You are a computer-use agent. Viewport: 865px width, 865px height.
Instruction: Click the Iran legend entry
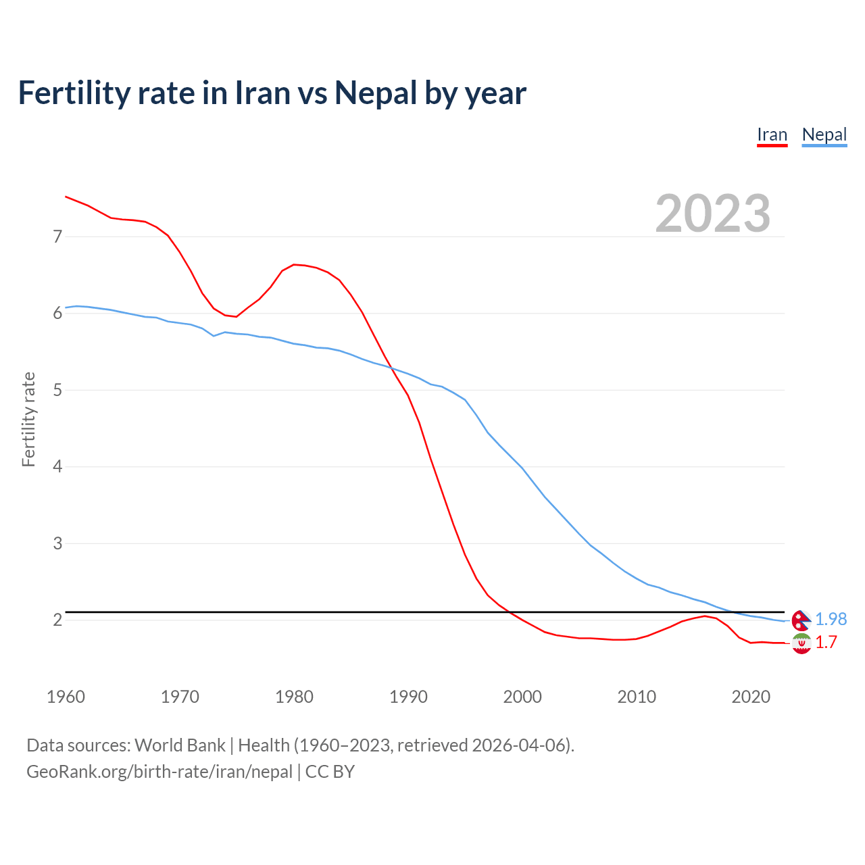pyautogui.click(x=772, y=134)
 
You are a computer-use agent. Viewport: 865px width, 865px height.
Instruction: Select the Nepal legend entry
pyautogui.click(x=824, y=134)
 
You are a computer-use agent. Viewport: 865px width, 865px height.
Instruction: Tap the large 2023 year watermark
pyautogui.click(x=712, y=214)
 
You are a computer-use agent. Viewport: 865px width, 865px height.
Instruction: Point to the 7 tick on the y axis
pyautogui.click(x=57, y=237)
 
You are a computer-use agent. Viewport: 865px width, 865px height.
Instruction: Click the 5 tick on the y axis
pyautogui.click(x=57, y=390)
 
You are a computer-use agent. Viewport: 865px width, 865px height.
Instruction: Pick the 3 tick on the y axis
pyautogui.click(x=57, y=543)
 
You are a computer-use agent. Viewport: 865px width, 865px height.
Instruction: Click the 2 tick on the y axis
pyautogui.click(x=57, y=620)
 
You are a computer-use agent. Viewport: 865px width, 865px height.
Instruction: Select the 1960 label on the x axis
pyautogui.click(x=66, y=697)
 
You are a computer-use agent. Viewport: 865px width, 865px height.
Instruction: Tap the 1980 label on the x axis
pyautogui.click(x=294, y=697)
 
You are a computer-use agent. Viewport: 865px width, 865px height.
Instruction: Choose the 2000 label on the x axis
pyautogui.click(x=522, y=697)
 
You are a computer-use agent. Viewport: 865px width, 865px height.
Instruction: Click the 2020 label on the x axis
pyautogui.click(x=751, y=697)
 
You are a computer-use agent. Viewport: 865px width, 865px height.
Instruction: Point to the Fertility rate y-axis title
pyautogui.click(x=28, y=419)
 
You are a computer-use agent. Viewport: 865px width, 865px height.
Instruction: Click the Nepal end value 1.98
pyautogui.click(x=831, y=619)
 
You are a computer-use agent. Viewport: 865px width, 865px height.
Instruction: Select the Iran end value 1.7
pyautogui.click(x=826, y=642)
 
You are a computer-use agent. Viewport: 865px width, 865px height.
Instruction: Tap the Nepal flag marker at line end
pyautogui.click(x=801, y=620)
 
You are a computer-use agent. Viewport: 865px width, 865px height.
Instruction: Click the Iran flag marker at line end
pyautogui.click(x=801, y=643)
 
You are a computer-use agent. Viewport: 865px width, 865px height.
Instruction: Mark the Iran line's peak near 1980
pyautogui.click(x=294, y=264)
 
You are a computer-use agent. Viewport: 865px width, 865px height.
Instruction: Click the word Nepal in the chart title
pyautogui.click(x=376, y=93)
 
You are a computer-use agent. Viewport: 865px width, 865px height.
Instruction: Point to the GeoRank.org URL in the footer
pyautogui.click(x=159, y=771)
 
